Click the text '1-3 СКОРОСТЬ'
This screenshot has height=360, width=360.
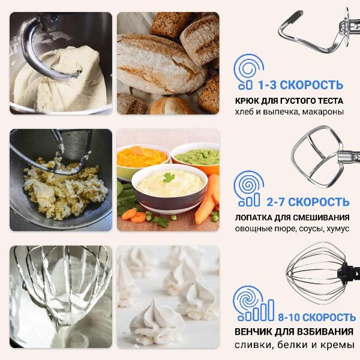coord(301,85)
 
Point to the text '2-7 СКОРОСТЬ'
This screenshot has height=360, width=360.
coord(308,202)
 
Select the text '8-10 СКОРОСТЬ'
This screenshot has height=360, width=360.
coord(317,317)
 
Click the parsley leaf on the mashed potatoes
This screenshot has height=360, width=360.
coord(169,177)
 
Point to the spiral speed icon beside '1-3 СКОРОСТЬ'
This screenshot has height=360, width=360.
coord(248,71)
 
